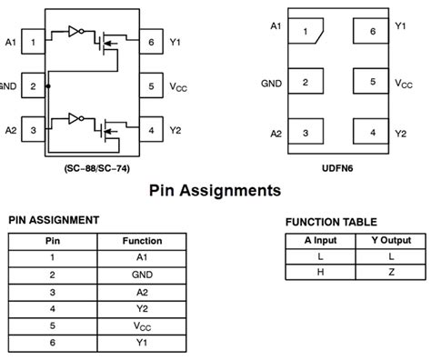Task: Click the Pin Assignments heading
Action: (x=215, y=191)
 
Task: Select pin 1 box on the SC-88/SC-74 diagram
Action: (x=33, y=41)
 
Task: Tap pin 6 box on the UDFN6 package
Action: (x=372, y=32)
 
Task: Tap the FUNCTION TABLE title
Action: (x=331, y=223)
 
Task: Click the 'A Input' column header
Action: (x=319, y=240)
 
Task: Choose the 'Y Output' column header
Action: (x=390, y=240)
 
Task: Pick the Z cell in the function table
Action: (x=390, y=273)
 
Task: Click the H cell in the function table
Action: (x=319, y=273)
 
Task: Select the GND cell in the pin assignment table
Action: (x=142, y=274)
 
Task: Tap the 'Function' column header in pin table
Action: (x=142, y=241)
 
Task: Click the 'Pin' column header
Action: (x=53, y=241)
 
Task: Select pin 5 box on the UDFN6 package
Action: (x=372, y=82)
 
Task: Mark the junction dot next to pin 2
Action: (x=48, y=86)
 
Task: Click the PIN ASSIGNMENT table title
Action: (x=54, y=220)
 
